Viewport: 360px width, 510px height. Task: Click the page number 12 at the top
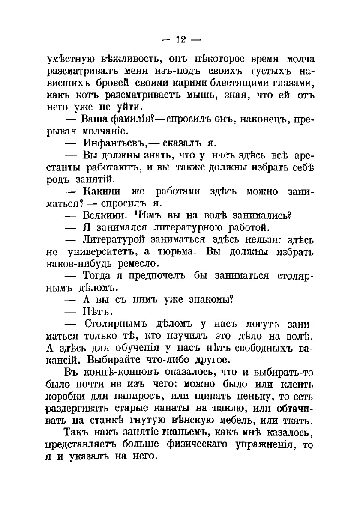(x=180, y=40)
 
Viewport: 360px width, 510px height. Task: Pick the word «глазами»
(x=292, y=82)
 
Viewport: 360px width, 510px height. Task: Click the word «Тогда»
(x=97, y=275)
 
